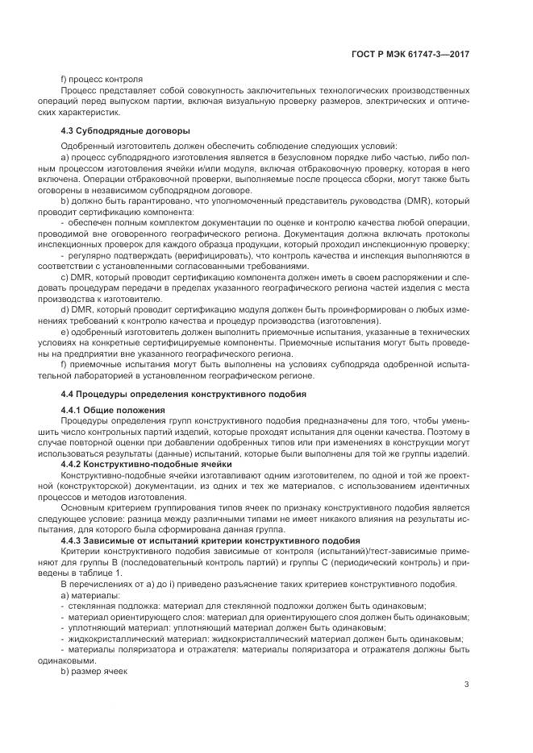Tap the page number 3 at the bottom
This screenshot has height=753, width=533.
coord(466,685)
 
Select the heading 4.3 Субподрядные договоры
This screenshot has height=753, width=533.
coord(115,130)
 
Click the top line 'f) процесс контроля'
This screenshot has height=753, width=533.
coord(102,80)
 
